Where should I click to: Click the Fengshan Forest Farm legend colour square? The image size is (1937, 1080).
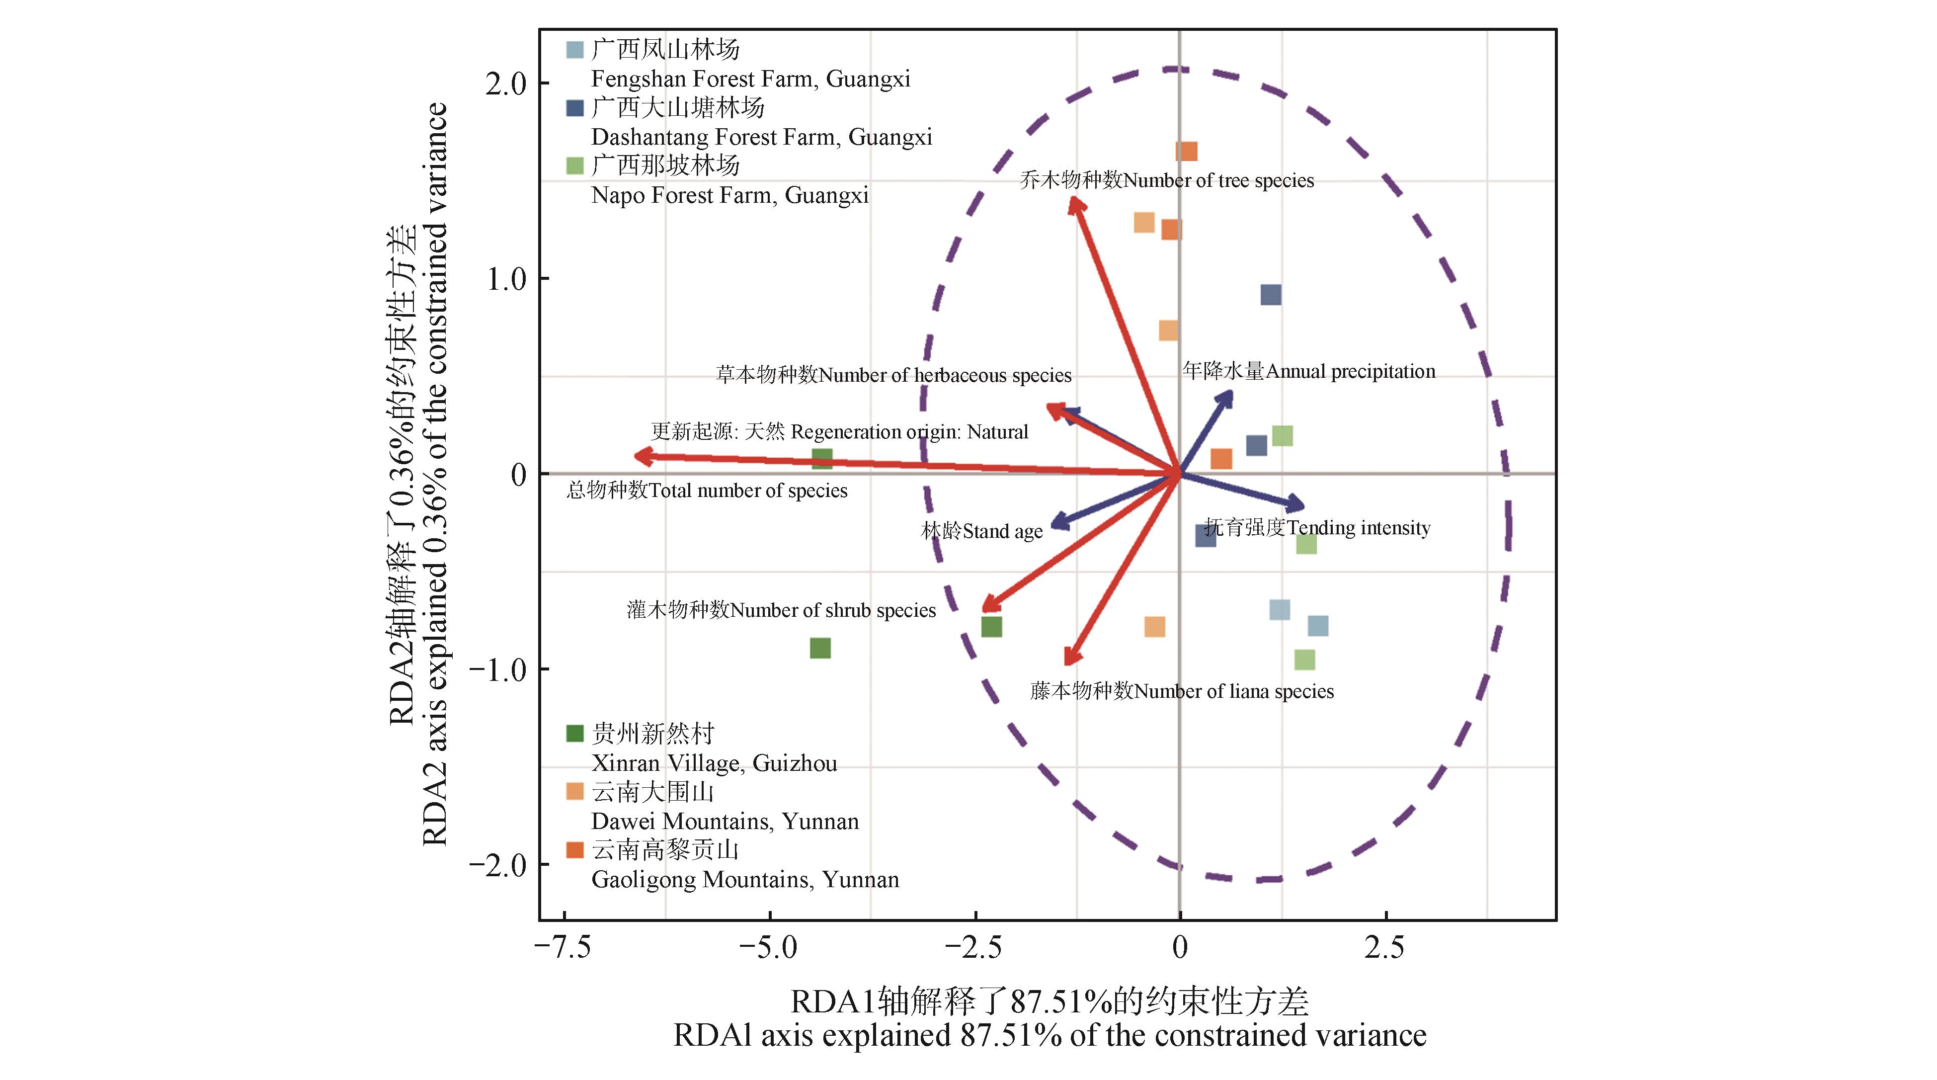[x=574, y=50]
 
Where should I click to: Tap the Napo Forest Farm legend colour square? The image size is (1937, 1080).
[x=574, y=166]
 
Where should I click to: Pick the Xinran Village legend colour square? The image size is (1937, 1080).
[x=574, y=733]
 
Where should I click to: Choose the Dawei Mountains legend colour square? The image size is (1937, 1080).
[x=574, y=791]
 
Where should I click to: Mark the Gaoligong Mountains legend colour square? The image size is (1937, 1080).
[x=574, y=850]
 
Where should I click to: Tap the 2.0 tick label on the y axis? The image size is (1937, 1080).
[x=506, y=83]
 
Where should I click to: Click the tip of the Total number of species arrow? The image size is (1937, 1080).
[x=638, y=456]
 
